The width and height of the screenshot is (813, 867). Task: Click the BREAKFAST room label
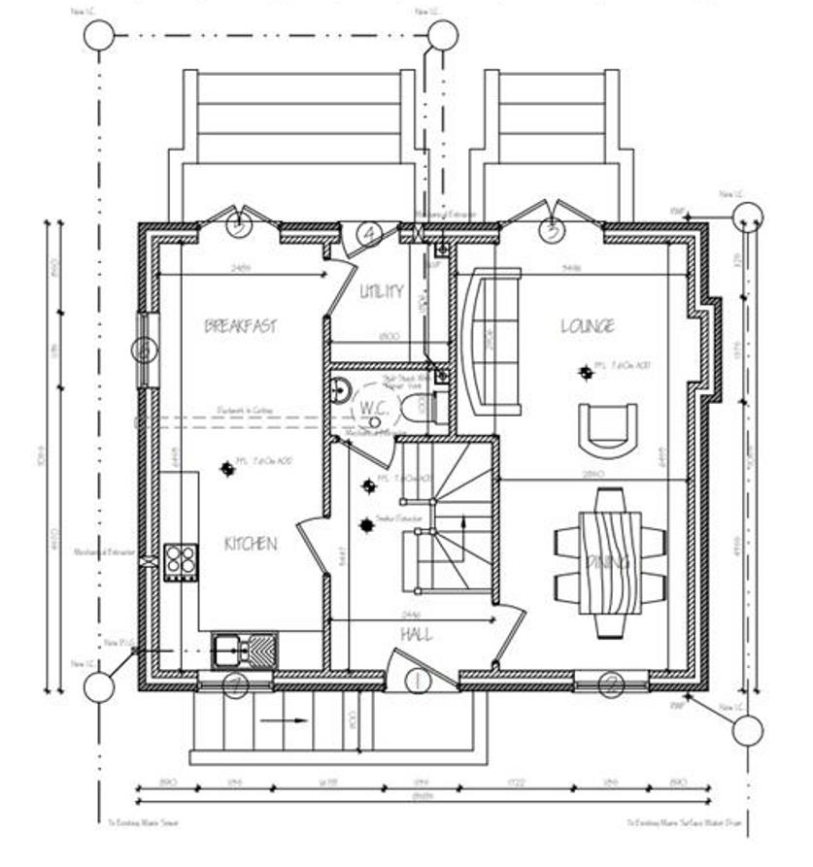coord(240,326)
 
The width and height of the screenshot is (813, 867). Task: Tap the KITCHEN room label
coord(250,544)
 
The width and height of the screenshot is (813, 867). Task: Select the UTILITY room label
coord(381,291)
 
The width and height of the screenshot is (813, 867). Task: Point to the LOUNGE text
coord(587,326)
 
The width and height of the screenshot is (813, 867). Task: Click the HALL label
coord(417,634)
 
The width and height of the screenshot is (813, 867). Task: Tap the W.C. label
coord(375,409)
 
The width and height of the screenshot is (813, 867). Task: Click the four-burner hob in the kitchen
coord(181,560)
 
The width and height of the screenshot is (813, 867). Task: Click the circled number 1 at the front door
coord(417,682)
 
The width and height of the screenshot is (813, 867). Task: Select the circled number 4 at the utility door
coord(369,233)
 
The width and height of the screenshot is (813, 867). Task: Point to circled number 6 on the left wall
coord(145,350)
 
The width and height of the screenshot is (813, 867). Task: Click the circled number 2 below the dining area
coord(610,684)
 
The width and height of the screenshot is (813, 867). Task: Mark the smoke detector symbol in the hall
coord(367,525)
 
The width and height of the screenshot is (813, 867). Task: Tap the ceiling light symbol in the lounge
coord(586,371)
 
